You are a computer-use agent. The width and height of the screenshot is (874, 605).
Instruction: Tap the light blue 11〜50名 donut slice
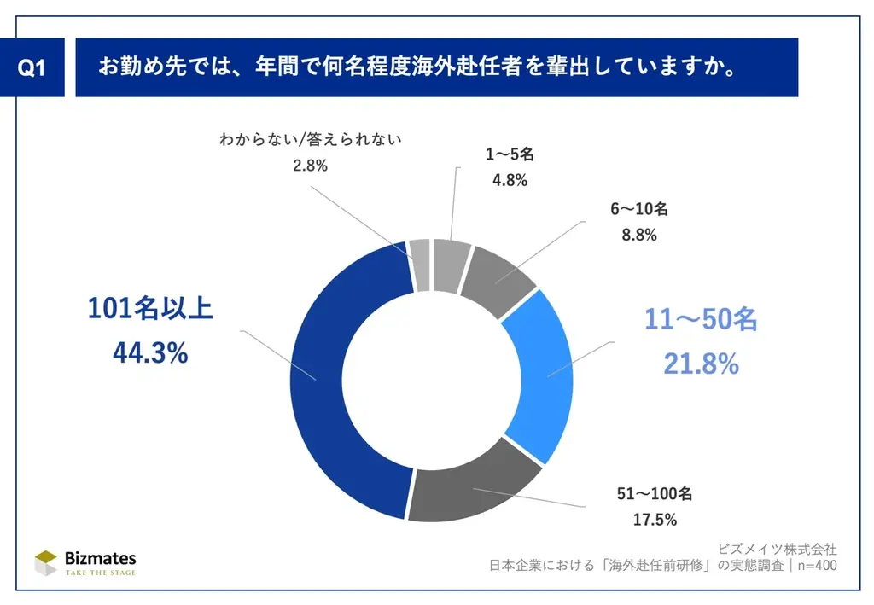click(x=536, y=375)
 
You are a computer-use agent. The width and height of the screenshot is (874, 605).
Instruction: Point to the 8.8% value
click(x=638, y=235)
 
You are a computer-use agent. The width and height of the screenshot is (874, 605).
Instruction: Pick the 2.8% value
click(x=310, y=166)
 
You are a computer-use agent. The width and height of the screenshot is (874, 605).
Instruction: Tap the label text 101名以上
click(x=150, y=309)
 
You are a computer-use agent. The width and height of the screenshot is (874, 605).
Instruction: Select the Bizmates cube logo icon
click(x=46, y=563)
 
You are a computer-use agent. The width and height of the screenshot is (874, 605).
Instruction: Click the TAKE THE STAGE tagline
click(x=101, y=573)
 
